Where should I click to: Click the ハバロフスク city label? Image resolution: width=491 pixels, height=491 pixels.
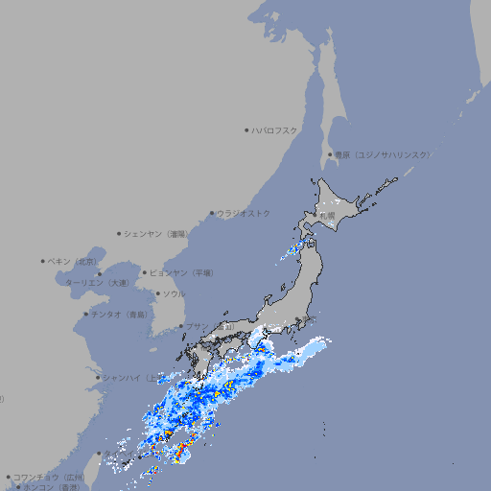click(275, 130)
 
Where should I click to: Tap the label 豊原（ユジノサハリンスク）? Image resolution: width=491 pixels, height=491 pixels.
click(383, 154)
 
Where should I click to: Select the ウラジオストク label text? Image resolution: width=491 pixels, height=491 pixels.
click(244, 214)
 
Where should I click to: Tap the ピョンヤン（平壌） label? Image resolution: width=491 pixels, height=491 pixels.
click(181, 273)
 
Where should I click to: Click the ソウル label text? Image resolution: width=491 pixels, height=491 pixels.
click(174, 294)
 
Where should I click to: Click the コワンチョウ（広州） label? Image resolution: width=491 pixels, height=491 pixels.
click(49, 477)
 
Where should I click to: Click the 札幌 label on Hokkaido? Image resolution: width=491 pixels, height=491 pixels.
click(328, 217)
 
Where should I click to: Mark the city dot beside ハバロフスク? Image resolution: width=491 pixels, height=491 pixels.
click(246, 130)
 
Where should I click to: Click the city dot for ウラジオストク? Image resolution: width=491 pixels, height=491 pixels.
click(212, 214)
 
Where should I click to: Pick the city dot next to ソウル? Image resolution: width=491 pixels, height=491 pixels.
click(156, 294)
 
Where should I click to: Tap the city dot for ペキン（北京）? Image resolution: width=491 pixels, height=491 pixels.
click(43, 261)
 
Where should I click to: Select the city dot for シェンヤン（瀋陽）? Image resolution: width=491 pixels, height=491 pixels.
click(119, 234)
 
